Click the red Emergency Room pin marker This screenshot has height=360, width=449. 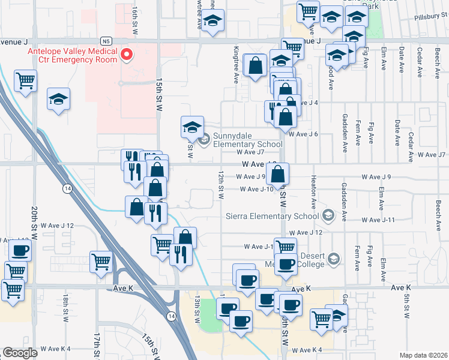(127, 56)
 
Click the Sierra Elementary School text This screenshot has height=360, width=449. (272, 216)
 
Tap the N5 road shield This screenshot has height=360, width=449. (106, 41)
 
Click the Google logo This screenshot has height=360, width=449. (20, 353)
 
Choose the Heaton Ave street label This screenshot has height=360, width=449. (314, 189)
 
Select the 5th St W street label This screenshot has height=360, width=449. (406, 307)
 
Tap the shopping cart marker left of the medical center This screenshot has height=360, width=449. (26, 80)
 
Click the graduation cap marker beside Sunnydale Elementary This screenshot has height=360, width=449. (192, 127)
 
